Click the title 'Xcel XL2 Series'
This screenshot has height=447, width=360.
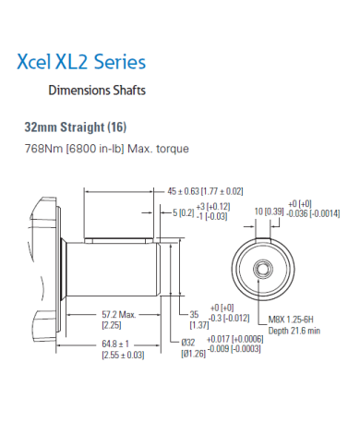(81, 63)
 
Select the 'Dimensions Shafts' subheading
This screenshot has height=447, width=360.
(96, 91)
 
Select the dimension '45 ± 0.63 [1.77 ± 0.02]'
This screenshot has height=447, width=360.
(205, 191)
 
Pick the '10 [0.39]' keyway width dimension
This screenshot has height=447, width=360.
(268, 211)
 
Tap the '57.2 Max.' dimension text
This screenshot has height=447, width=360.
(118, 314)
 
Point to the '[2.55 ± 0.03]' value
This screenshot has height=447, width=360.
(122, 355)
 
